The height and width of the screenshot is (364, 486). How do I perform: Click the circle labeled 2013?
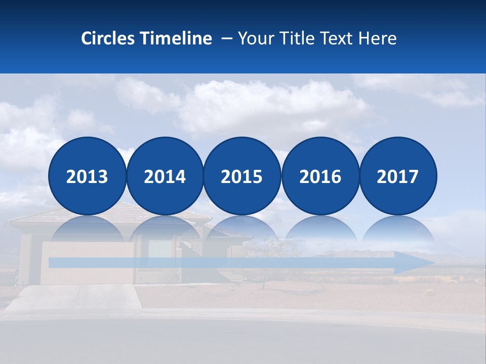87,176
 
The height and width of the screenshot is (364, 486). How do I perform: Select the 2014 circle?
165,176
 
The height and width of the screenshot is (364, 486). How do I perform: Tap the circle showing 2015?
242,176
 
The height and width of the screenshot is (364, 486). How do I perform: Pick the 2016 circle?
320,176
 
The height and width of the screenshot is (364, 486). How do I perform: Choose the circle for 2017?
397,176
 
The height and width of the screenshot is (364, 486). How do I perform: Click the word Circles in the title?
109,38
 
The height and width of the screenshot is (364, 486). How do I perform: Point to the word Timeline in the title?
176,38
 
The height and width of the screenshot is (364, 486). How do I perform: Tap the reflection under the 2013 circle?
87,230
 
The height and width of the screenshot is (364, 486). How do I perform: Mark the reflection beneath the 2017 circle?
397,230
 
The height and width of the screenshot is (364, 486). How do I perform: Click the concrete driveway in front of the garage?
76,298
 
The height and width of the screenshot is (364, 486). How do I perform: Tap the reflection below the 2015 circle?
242,230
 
